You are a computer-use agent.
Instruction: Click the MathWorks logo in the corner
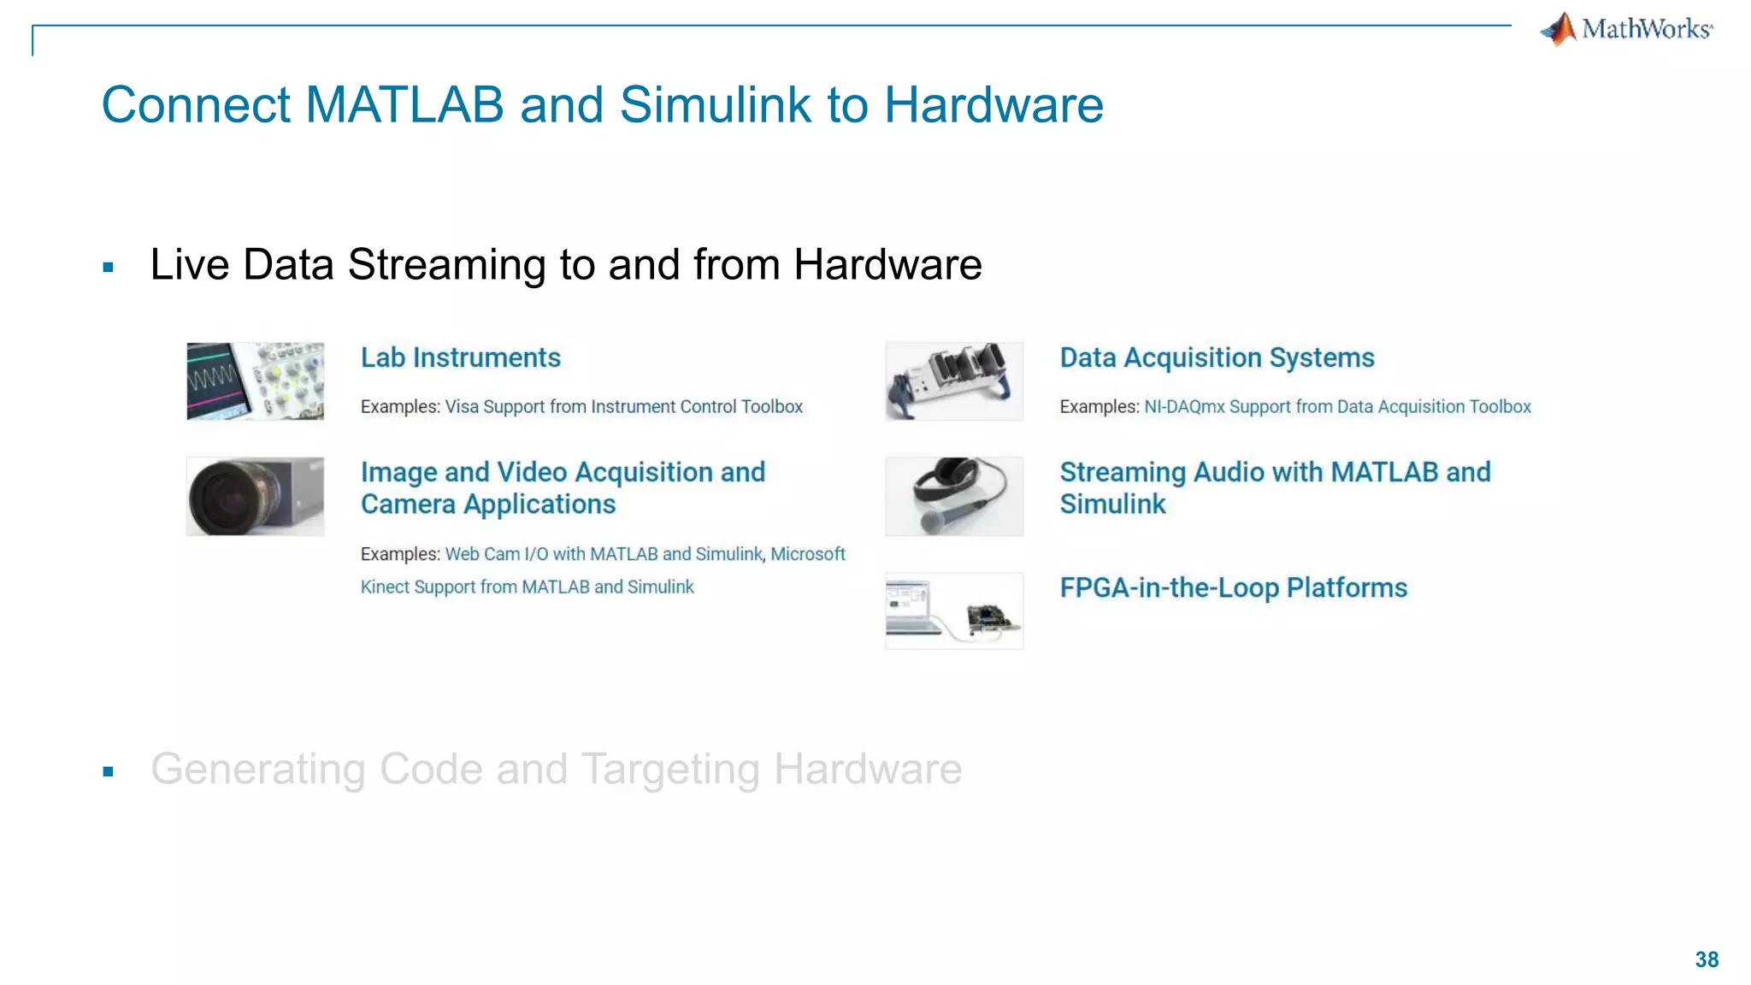click(x=1627, y=29)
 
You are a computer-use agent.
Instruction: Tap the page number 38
click(x=1707, y=959)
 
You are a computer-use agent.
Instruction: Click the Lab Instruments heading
click(x=460, y=357)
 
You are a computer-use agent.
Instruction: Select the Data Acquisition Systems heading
click(x=1217, y=357)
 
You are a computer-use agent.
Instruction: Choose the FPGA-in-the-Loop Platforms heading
click(x=1233, y=587)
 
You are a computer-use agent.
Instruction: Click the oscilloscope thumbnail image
click(x=255, y=381)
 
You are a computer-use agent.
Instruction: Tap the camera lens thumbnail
click(x=255, y=496)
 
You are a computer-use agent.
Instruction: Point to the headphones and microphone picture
click(x=954, y=496)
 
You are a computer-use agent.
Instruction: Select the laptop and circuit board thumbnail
click(x=954, y=610)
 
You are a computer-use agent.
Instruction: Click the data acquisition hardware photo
click(x=954, y=381)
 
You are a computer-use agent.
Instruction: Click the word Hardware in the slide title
click(x=993, y=105)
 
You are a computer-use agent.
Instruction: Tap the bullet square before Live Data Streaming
click(x=108, y=268)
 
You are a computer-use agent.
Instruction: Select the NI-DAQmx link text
click(x=1184, y=407)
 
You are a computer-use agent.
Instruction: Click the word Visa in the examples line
click(x=462, y=407)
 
